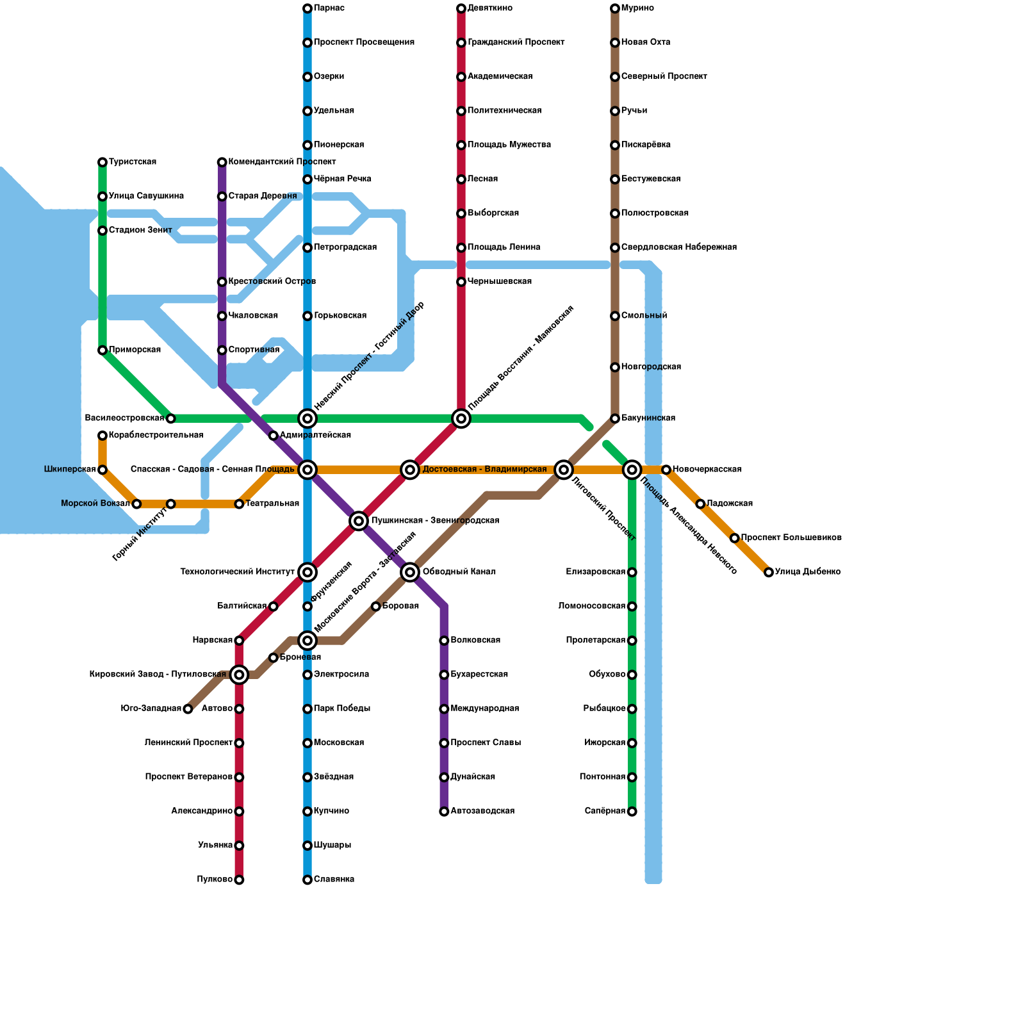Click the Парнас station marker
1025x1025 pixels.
(307, 8)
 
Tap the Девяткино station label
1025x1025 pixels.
(489, 8)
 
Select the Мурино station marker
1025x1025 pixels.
(615, 8)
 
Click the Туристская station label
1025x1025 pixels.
(133, 162)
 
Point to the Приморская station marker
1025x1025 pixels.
(102, 350)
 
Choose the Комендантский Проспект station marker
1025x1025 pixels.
(222, 162)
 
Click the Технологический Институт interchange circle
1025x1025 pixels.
(307, 572)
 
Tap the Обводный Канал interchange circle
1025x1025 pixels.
(410, 572)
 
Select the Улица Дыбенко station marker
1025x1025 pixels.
(769, 572)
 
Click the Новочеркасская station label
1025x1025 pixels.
(707, 470)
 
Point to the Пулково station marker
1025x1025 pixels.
(239, 880)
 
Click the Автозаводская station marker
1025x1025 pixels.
(444, 812)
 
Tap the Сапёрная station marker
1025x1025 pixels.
(632, 812)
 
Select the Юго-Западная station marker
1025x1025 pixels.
(188, 709)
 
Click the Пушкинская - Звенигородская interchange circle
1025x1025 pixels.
(359, 521)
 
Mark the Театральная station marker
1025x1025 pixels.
(239, 504)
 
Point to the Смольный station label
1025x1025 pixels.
(644, 316)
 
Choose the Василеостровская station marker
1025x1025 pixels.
(170, 418)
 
